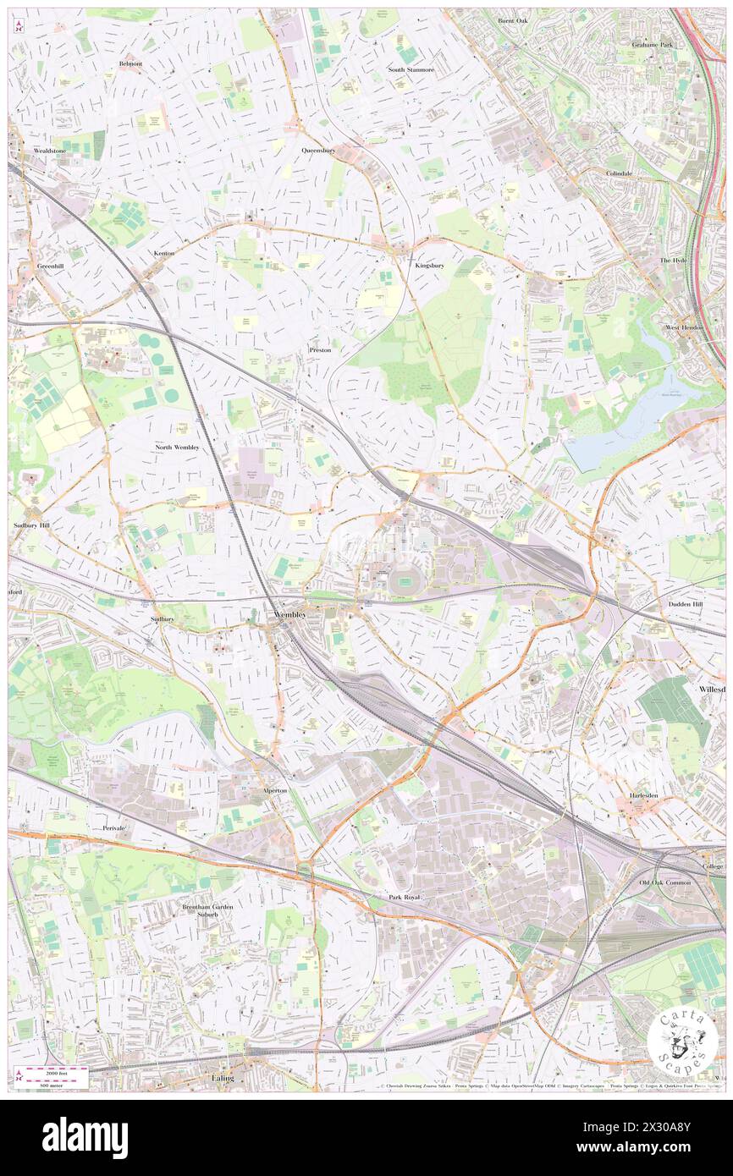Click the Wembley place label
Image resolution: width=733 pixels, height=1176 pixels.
[289, 613]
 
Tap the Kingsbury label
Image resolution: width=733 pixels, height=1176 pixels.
[429, 265]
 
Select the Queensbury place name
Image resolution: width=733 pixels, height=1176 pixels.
[318, 150]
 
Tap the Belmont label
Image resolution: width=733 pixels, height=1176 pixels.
[131, 63]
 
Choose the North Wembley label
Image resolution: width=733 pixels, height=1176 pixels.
[177, 446]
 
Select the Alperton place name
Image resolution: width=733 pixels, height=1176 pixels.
[274, 790]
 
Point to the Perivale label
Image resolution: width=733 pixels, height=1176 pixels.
[113, 827]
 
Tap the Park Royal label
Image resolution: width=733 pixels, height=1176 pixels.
[405, 896]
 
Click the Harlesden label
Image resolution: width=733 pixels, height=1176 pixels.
[650, 796]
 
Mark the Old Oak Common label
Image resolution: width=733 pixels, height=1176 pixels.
[665, 882]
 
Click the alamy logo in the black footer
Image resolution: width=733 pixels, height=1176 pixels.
[85, 1138]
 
